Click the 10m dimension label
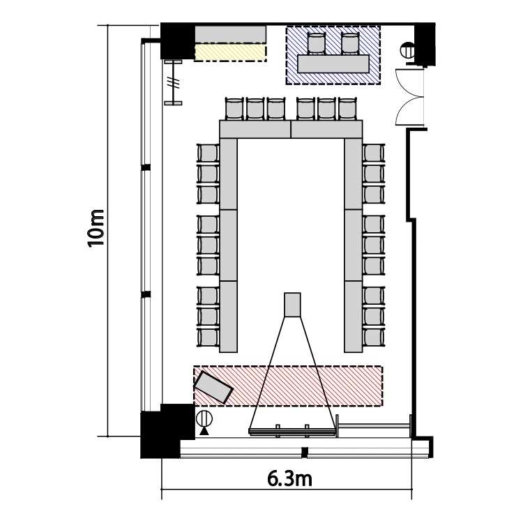[96, 229]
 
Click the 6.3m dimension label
[289, 479]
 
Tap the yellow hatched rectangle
[231, 54]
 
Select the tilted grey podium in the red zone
[213, 387]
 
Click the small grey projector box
[292, 305]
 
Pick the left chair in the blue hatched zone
[316, 43]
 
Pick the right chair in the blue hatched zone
[350, 43]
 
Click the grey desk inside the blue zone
[333, 63]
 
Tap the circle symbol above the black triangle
[204, 418]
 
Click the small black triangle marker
[204, 431]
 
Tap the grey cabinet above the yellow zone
[231, 34]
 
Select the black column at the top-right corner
[425, 44]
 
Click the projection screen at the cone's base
[292, 432]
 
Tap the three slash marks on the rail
[174, 82]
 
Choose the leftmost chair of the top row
[235, 109]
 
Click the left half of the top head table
[255, 129]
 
